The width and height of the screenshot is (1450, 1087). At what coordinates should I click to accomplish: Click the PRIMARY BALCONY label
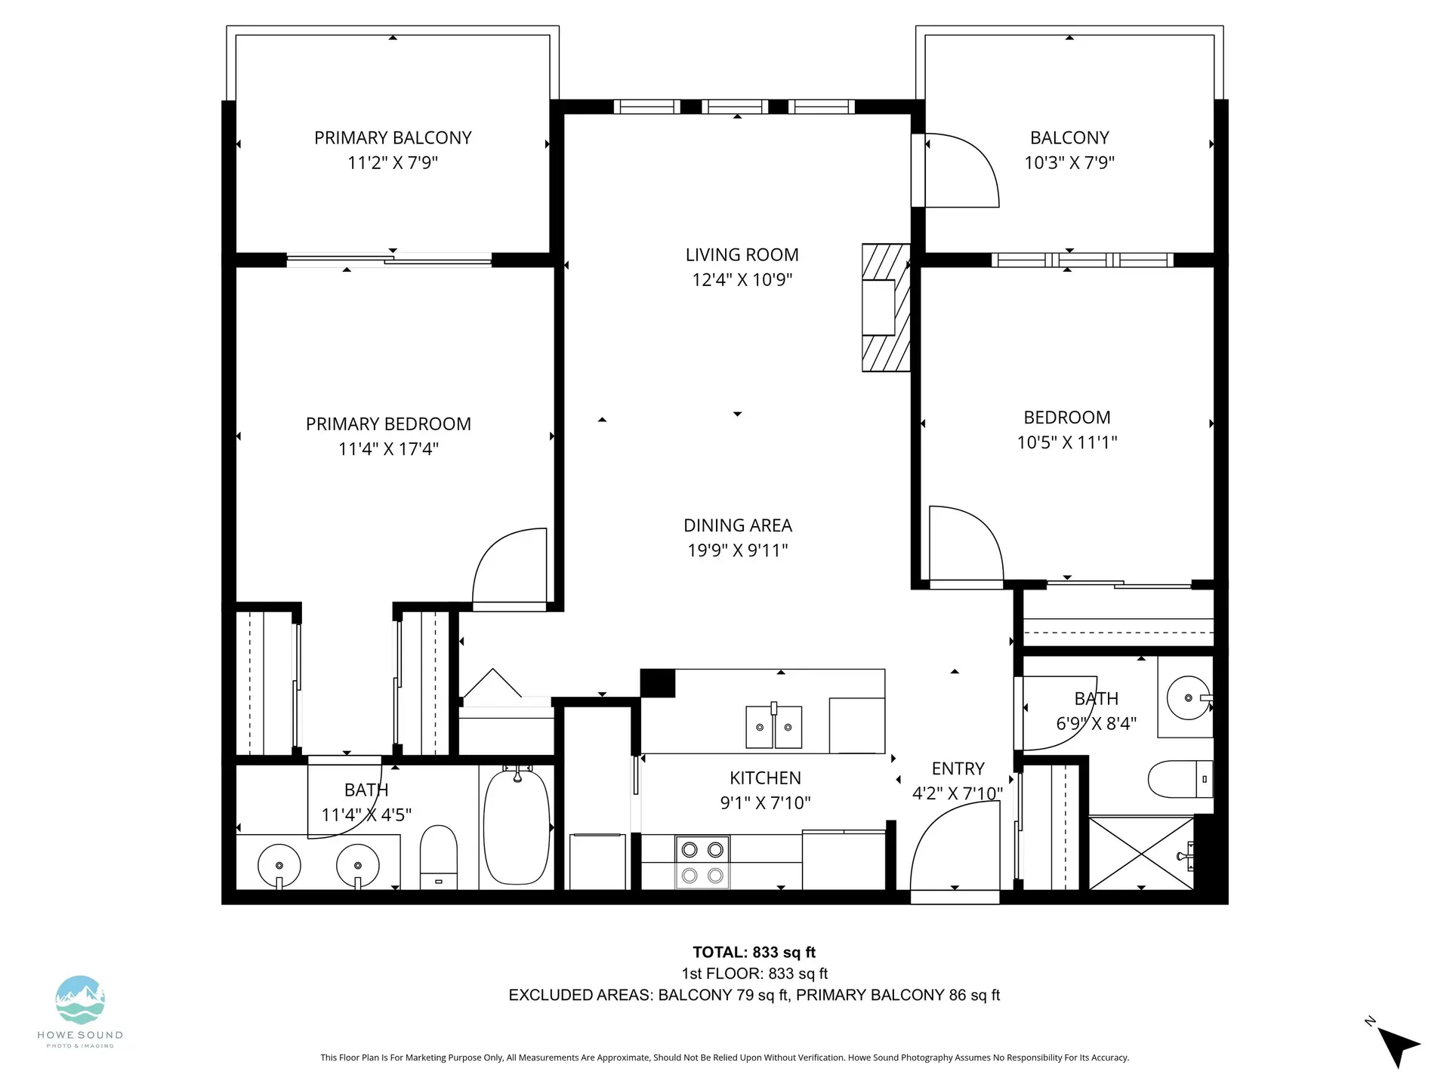point(393,137)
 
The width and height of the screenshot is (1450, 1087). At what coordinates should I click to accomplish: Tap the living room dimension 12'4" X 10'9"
point(742,279)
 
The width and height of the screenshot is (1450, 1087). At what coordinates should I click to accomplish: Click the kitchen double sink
point(773,727)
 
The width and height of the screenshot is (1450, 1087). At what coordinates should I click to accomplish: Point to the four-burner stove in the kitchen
point(702,862)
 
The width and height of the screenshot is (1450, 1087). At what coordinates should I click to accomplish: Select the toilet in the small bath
point(1180,779)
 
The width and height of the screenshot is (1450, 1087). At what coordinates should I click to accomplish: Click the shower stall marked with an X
point(1141,852)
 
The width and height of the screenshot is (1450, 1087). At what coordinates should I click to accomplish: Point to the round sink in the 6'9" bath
point(1187,697)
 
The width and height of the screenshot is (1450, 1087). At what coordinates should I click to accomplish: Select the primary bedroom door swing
point(507,566)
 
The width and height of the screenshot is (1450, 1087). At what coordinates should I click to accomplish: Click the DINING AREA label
point(737,525)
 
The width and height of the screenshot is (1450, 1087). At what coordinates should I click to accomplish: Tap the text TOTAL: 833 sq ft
point(754,953)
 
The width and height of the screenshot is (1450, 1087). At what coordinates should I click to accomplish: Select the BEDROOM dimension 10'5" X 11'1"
point(1066,442)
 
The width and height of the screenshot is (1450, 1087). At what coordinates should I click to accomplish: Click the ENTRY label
point(958,768)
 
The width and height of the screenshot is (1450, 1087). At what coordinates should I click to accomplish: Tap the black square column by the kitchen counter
point(657,683)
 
